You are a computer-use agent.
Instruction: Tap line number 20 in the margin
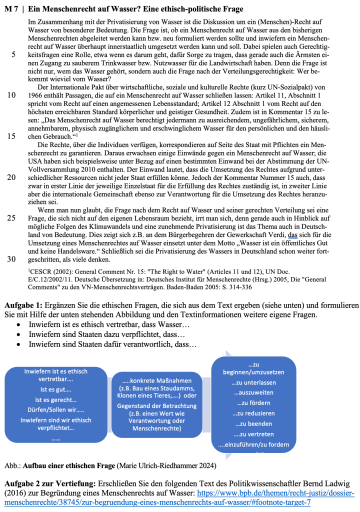(11, 176)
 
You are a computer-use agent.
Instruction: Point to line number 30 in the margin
(11, 258)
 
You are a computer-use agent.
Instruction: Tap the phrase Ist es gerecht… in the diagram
(55, 399)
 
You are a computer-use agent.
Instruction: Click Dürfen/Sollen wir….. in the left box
(55, 410)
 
